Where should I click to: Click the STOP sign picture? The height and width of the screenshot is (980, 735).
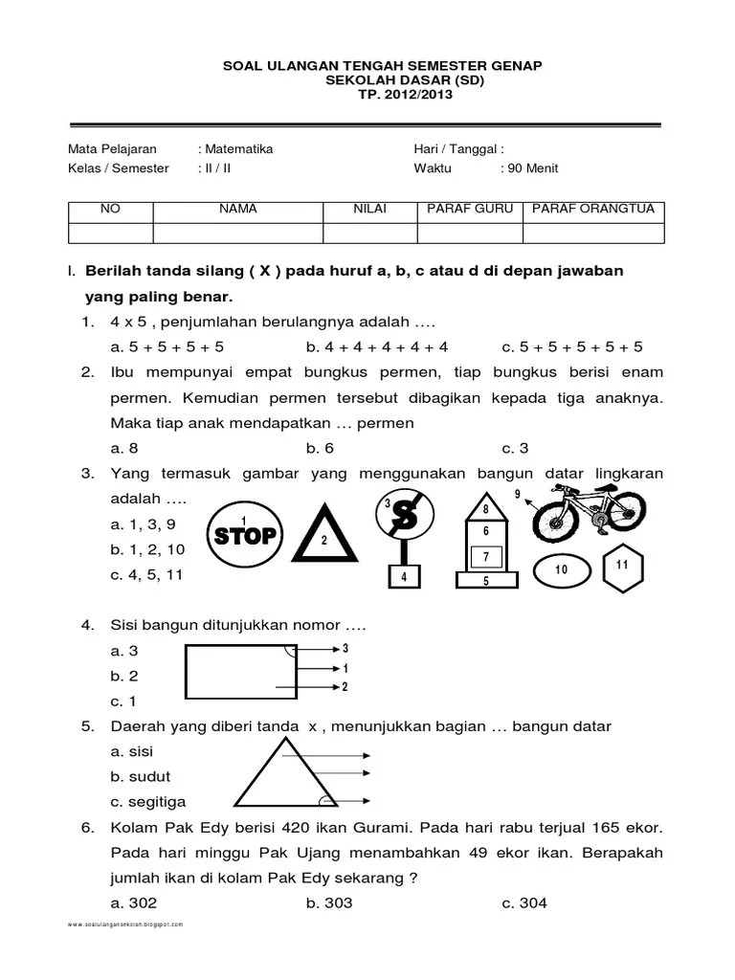coord(245,534)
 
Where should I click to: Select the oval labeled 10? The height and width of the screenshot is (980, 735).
coord(560,570)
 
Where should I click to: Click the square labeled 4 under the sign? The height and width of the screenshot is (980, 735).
coord(404,577)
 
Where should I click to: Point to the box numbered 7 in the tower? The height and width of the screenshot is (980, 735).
coord(485,557)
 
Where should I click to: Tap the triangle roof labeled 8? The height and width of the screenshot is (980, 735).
coord(485,510)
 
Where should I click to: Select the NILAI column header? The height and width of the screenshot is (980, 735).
coord(369,209)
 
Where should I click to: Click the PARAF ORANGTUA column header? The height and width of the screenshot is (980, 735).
coord(592,209)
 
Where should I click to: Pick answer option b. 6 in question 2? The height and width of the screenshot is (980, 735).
coord(320,447)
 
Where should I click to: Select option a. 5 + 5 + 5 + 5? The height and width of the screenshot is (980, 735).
coord(167,346)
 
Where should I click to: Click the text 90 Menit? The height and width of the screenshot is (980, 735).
coord(532,167)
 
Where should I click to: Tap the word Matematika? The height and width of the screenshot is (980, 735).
coord(237,148)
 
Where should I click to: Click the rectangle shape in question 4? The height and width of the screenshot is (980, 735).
coord(240,669)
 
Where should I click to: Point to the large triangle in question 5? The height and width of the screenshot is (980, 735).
coord(277,779)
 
